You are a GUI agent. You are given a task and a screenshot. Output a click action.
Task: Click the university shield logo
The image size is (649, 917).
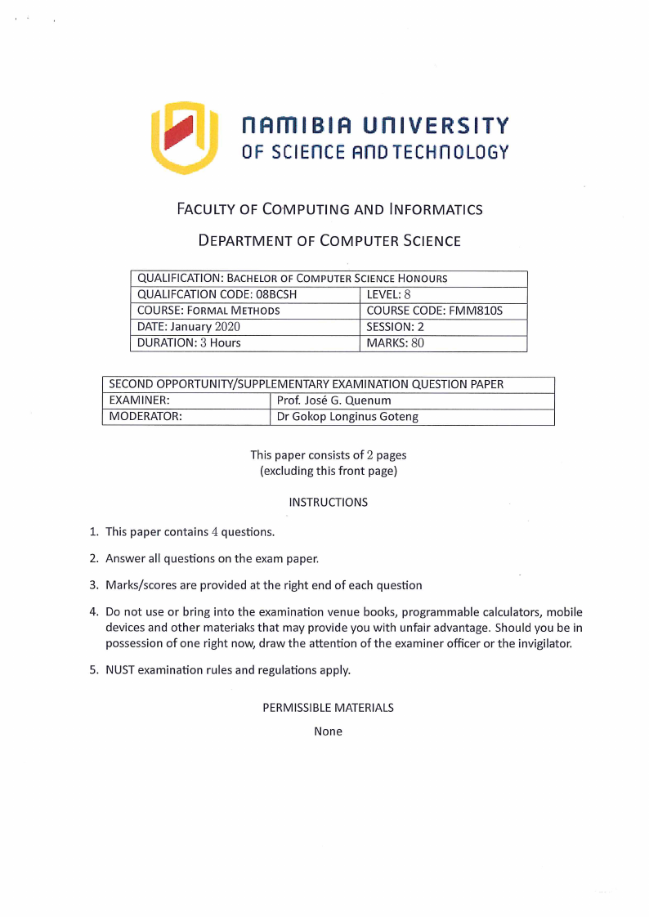(x=184, y=137)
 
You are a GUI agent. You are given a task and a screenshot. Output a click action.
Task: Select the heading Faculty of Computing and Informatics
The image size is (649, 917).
(x=329, y=209)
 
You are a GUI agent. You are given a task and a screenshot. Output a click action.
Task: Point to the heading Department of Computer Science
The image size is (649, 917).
(x=329, y=241)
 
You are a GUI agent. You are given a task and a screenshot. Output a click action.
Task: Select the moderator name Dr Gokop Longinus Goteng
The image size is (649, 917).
(x=347, y=417)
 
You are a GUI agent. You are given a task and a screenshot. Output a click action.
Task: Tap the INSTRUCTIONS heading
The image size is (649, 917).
(x=328, y=503)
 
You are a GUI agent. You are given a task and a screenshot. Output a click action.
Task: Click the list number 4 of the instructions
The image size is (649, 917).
(x=93, y=612)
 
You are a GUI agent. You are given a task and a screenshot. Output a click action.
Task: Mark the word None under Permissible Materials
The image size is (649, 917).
(x=328, y=731)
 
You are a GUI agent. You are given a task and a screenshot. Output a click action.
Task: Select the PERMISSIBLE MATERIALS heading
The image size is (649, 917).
(x=328, y=708)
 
